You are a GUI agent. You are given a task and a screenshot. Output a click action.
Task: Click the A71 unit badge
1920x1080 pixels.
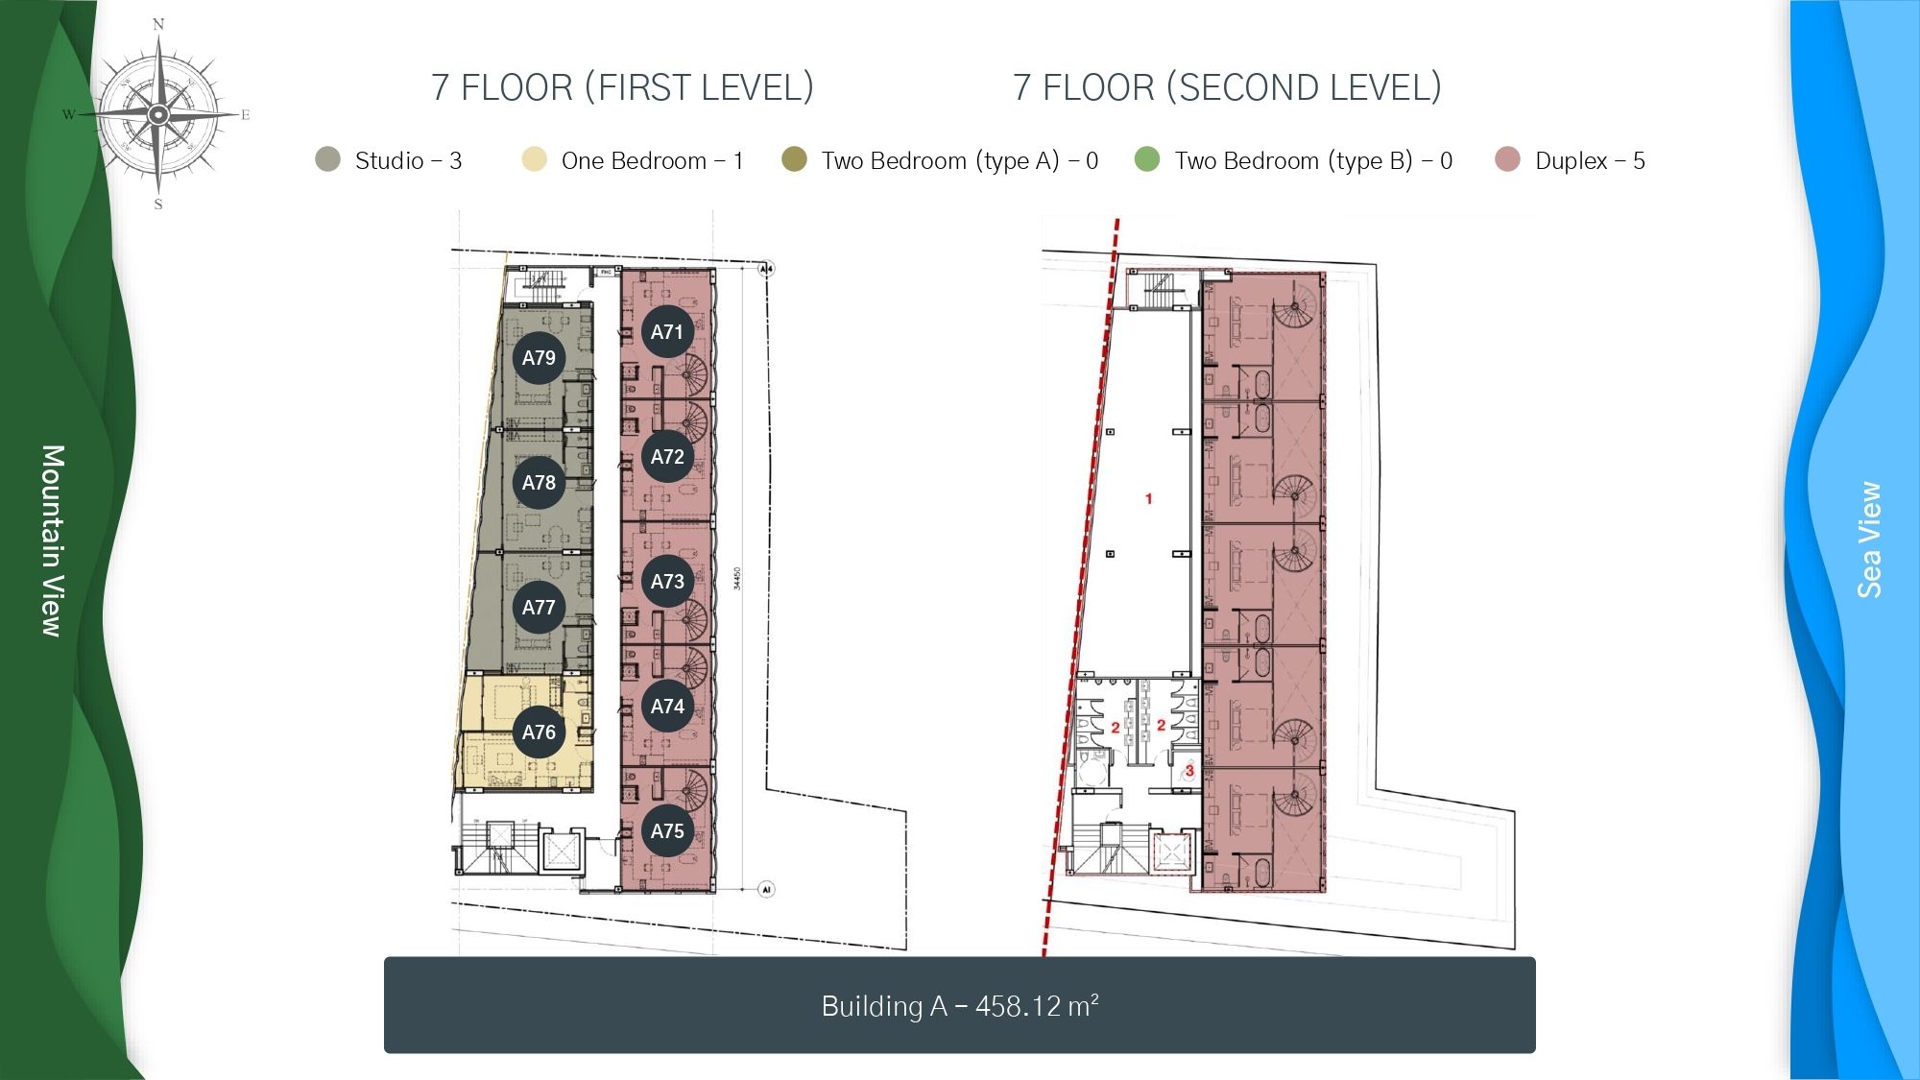(667, 332)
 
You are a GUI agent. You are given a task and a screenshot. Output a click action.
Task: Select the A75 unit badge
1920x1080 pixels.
(667, 831)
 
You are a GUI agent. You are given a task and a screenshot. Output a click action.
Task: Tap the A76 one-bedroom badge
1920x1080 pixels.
(539, 732)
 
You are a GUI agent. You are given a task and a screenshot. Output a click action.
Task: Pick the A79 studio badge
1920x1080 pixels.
(539, 358)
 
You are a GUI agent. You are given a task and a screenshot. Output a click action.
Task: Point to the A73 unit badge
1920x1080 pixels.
(667, 582)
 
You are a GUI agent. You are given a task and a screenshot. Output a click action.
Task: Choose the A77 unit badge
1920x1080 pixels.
(539, 608)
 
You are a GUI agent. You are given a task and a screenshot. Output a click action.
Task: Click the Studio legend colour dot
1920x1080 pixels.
(328, 159)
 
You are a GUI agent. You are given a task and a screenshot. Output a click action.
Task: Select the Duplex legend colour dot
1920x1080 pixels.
(1507, 159)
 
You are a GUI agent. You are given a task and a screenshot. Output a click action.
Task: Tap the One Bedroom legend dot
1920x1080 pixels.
(534, 159)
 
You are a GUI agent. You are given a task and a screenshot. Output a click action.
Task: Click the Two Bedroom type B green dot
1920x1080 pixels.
(1147, 159)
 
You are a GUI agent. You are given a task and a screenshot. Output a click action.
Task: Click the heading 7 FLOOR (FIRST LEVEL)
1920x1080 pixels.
(622, 87)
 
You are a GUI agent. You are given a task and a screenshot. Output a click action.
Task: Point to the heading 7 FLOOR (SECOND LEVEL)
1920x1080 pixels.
(1227, 87)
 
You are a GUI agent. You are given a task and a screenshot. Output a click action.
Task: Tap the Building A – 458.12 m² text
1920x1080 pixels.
(959, 1006)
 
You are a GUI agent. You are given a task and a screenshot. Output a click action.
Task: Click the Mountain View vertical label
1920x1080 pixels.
(53, 540)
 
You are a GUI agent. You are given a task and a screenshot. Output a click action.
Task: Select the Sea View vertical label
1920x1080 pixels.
(1868, 540)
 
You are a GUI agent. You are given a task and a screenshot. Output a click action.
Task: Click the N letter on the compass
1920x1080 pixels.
(158, 24)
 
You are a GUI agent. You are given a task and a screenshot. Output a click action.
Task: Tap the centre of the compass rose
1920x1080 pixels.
(159, 115)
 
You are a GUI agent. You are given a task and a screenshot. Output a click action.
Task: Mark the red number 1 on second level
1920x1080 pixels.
(1148, 498)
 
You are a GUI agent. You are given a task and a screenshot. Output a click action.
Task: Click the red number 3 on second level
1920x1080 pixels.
(1188, 770)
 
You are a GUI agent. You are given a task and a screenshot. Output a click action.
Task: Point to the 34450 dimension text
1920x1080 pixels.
(737, 578)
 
